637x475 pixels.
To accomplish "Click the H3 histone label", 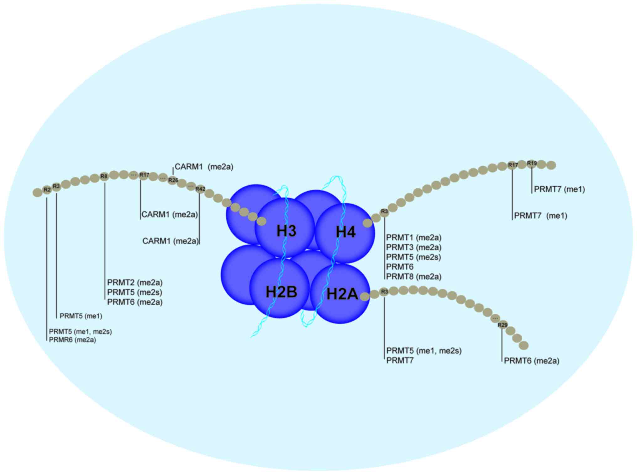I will [x=286, y=231].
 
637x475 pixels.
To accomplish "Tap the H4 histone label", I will [x=346, y=232].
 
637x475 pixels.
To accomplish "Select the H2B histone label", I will [x=281, y=292].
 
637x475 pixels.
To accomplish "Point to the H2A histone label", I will [x=342, y=294].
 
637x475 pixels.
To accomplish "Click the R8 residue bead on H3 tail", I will [x=104, y=176].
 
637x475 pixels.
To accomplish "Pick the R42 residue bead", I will [x=200, y=189].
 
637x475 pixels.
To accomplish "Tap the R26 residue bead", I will [x=173, y=180].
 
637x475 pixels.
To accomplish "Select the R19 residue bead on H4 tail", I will [x=532, y=163].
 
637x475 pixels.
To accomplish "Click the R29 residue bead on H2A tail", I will [x=503, y=325].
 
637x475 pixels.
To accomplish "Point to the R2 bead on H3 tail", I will [x=47, y=190].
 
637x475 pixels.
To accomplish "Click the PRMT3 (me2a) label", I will [x=413, y=247].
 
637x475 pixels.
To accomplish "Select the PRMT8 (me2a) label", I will [x=413, y=276].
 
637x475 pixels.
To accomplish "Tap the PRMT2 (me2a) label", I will [x=135, y=282].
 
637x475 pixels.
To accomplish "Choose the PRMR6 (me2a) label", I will [x=72, y=340].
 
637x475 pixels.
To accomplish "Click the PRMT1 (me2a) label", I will [x=413, y=237].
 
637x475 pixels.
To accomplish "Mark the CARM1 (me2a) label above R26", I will [x=204, y=167].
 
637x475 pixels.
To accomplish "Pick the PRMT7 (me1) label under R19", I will [x=559, y=189].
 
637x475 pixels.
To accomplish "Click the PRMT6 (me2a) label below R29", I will [x=531, y=361].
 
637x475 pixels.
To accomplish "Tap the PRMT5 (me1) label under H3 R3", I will [x=81, y=316].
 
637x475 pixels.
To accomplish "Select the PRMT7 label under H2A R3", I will [x=400, y=360].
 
